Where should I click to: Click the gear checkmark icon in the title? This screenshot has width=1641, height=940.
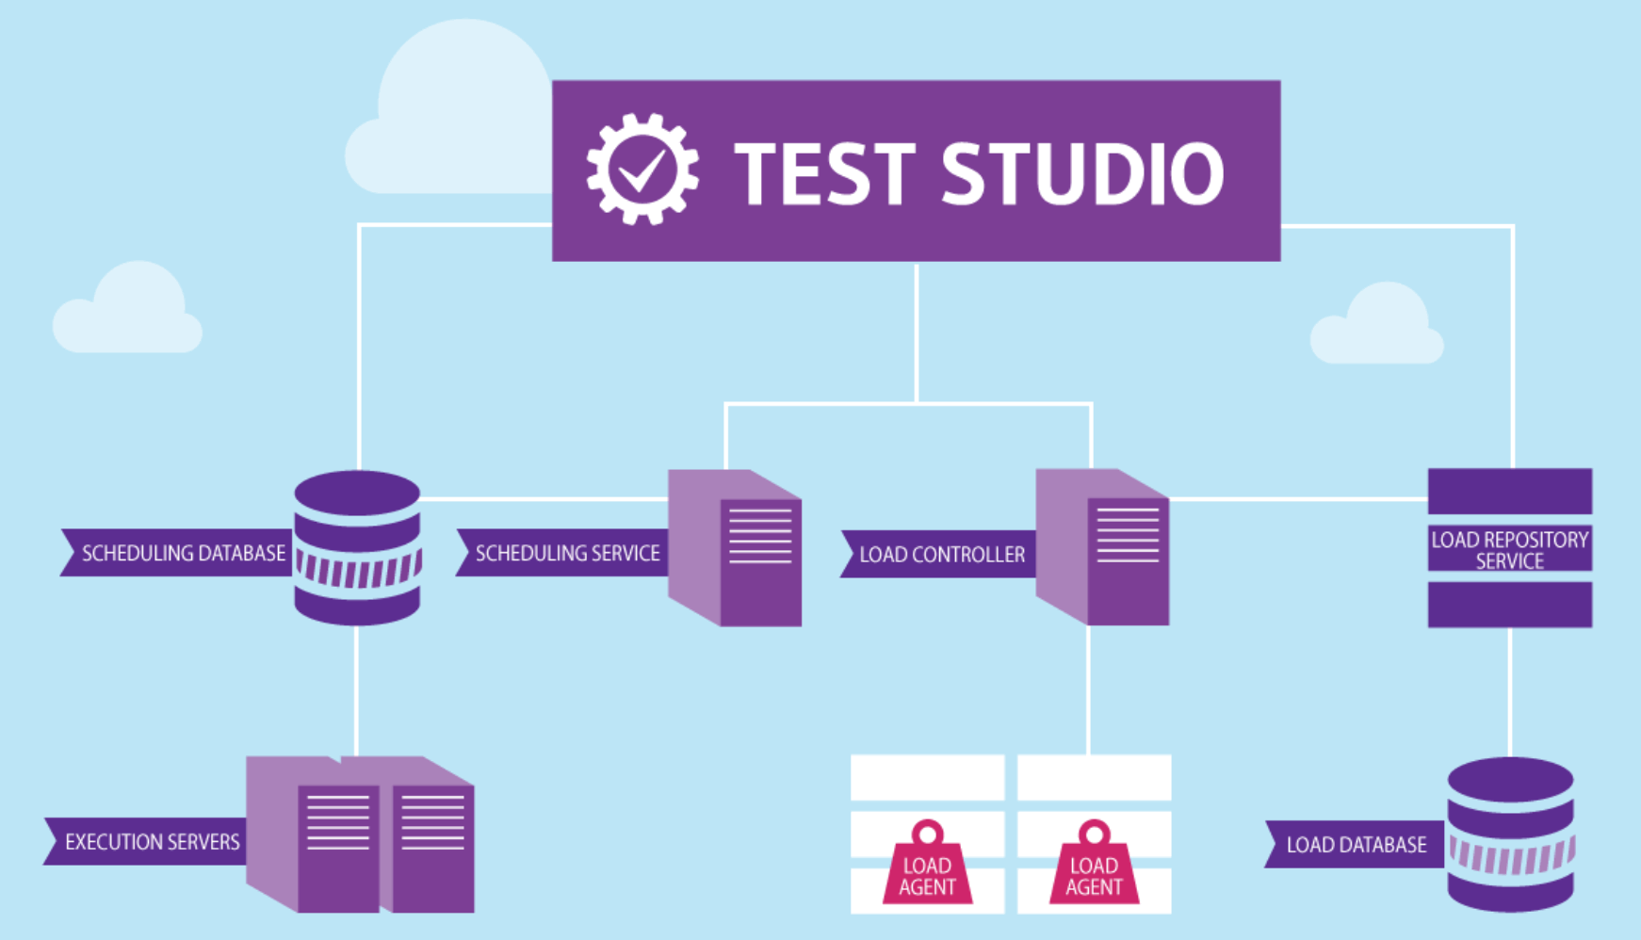coord(642,170)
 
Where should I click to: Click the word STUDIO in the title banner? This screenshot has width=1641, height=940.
coord(1082,172)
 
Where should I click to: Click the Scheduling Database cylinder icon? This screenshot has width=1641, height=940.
coord(357,547)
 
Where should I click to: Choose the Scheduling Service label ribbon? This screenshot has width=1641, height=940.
coord(562,553)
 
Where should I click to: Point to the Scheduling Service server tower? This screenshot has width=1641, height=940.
coord(736,547)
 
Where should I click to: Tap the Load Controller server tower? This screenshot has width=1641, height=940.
coord(1103,547)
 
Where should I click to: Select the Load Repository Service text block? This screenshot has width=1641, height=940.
coord(1509,549)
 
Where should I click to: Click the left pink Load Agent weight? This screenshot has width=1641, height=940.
coord(927,865)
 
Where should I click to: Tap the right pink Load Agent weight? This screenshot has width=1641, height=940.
coord(1094,865)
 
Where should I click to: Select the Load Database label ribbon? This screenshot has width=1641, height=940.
coord(1355,845)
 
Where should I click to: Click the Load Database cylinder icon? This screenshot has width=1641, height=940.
coord(1510,835)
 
